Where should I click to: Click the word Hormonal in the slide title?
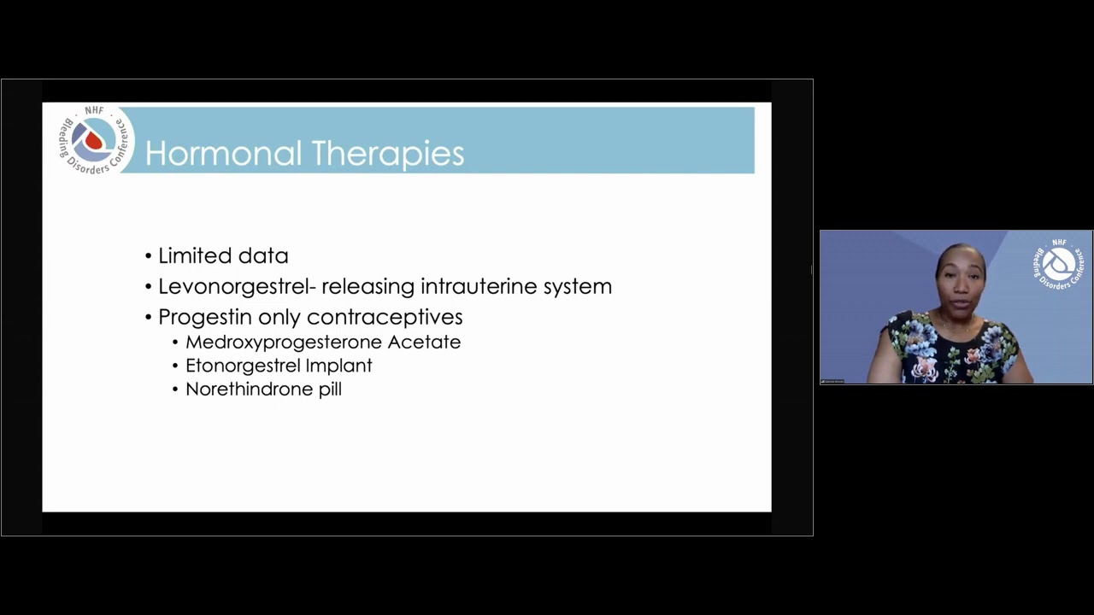coord(224,153)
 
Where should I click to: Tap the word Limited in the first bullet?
coord(194,255)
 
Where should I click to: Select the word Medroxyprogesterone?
coord(284,343)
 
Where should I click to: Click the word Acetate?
coord(425,343)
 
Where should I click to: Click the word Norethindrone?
coord(249,389)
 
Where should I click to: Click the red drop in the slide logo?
coord(93,141)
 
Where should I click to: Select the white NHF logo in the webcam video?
coord(1057,264)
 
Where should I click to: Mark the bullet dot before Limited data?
coord(149,257)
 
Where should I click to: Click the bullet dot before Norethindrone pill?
coord(175,390)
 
